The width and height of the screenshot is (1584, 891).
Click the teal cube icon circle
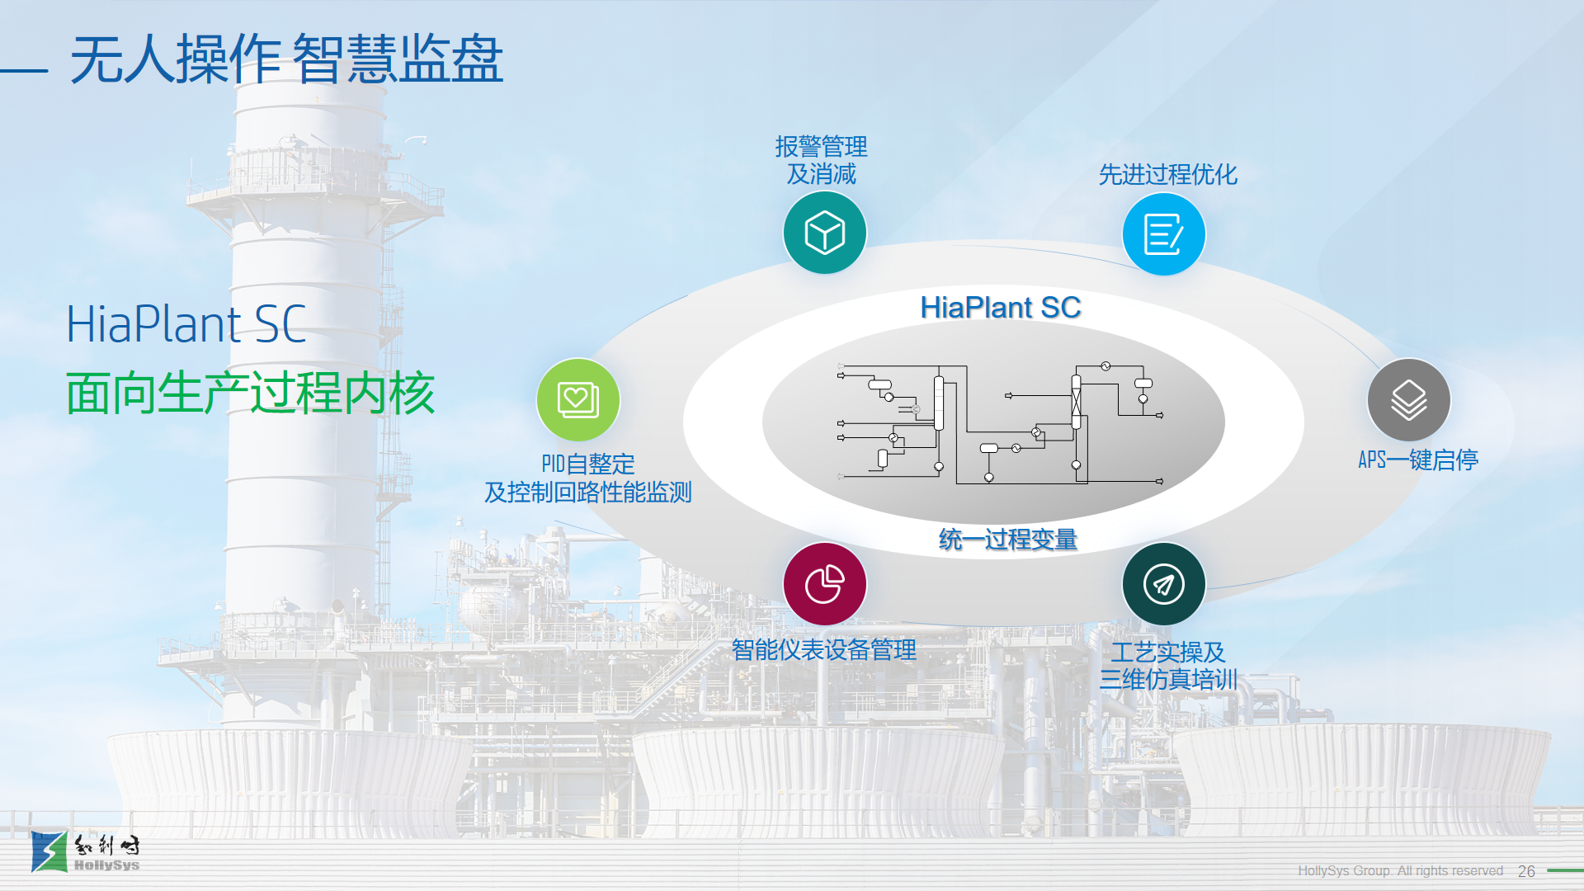point(824,233)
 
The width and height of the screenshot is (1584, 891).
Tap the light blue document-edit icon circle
point(1163,233)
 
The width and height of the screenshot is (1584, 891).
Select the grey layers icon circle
point(1408,400)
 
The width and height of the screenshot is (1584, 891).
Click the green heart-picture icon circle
point(577,400)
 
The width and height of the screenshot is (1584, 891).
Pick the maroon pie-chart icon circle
point(824,584)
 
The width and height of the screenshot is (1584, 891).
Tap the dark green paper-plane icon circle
point(1163,584)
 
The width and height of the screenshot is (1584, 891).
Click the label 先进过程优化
point(1167,175)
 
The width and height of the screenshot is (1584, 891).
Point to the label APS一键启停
point(1417,460)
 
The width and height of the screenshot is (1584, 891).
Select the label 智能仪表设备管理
point(823,650)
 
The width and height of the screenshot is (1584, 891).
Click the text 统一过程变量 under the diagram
point(1007,540)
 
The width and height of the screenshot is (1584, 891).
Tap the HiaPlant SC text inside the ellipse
point(1000,308)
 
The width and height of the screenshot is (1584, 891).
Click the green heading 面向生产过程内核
point(250,394)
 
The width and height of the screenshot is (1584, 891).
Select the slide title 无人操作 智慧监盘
point(286,59)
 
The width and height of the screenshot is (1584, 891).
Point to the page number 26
point(1526,871)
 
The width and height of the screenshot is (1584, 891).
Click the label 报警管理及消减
point(821,160)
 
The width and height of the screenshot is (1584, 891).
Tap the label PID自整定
point(587,464)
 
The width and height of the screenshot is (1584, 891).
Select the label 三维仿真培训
point(1168,680)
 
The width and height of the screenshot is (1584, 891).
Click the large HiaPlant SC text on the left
point(186,324)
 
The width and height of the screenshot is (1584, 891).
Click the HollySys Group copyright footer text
point(1400,871)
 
